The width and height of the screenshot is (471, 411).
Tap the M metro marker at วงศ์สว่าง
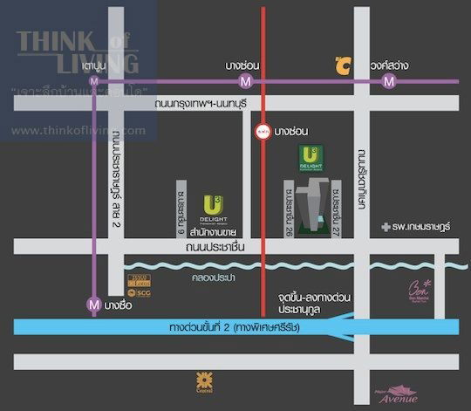click(x=388, y=81)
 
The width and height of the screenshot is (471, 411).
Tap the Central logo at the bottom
click(x=205, y=380)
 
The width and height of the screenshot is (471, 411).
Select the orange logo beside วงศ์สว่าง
click(x=343, y=65)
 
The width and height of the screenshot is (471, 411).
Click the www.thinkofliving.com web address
click(x=78, y=131)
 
